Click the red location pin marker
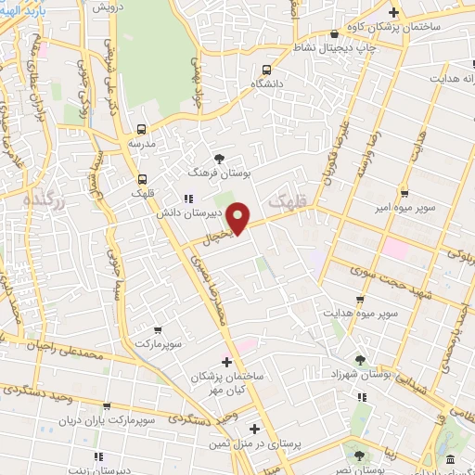pos(238,219)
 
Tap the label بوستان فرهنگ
pos(219,173)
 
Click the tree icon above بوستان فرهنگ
pos(219,159)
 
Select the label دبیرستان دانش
pos(185,212)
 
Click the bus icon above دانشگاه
pos(267,70)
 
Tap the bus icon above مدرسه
pos(141,129)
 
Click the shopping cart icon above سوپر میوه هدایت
pos(360,300)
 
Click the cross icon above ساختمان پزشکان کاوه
pos(393,12)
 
